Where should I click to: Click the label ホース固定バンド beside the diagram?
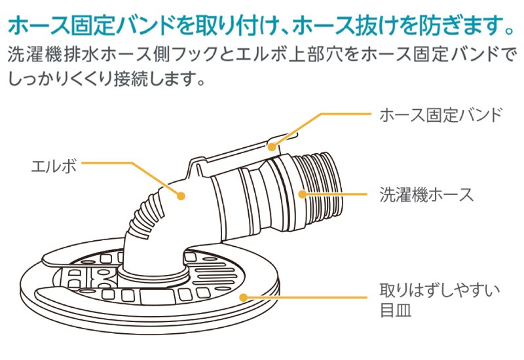pos(441,115)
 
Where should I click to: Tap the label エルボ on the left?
pos(54,166)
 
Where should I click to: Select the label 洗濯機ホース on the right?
pos(426,194)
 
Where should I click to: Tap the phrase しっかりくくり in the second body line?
pos(66,80)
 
